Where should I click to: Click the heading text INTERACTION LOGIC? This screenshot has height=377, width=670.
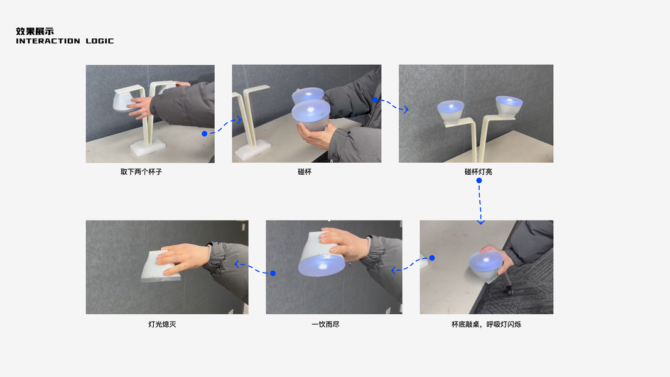(x=65, y=41)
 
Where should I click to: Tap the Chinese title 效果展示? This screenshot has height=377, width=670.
(x=35, y=31)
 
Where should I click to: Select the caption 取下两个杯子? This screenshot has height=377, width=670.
(x=141, y=172)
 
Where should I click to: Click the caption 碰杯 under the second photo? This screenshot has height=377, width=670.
(x=305, y=172)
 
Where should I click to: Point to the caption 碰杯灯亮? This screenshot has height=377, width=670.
(x=478, y=172)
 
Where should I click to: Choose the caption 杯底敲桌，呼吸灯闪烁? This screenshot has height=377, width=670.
(x=486, y=324)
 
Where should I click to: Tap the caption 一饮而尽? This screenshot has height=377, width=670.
(x=326, y=324)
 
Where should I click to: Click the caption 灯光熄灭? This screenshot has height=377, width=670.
(x=162, y=324)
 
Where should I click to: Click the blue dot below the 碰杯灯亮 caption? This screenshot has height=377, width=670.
(x=479, y=181)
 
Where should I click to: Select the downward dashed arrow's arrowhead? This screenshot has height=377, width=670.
(x=481, y=222)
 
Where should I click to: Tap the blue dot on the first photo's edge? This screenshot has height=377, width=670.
(x=204, y=134)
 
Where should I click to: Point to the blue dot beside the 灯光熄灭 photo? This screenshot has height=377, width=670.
(x=273, y=273)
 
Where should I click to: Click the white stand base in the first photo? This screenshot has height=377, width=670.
(x=148, y=146)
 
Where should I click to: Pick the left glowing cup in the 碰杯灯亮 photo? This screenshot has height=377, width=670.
(x=451, y=112)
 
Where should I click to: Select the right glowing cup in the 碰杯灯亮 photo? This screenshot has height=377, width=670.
(x=509, y=107)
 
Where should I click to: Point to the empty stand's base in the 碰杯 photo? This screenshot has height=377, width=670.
(x=253, y=150)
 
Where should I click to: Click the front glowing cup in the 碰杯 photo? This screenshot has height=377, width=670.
(x=311, y=115)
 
